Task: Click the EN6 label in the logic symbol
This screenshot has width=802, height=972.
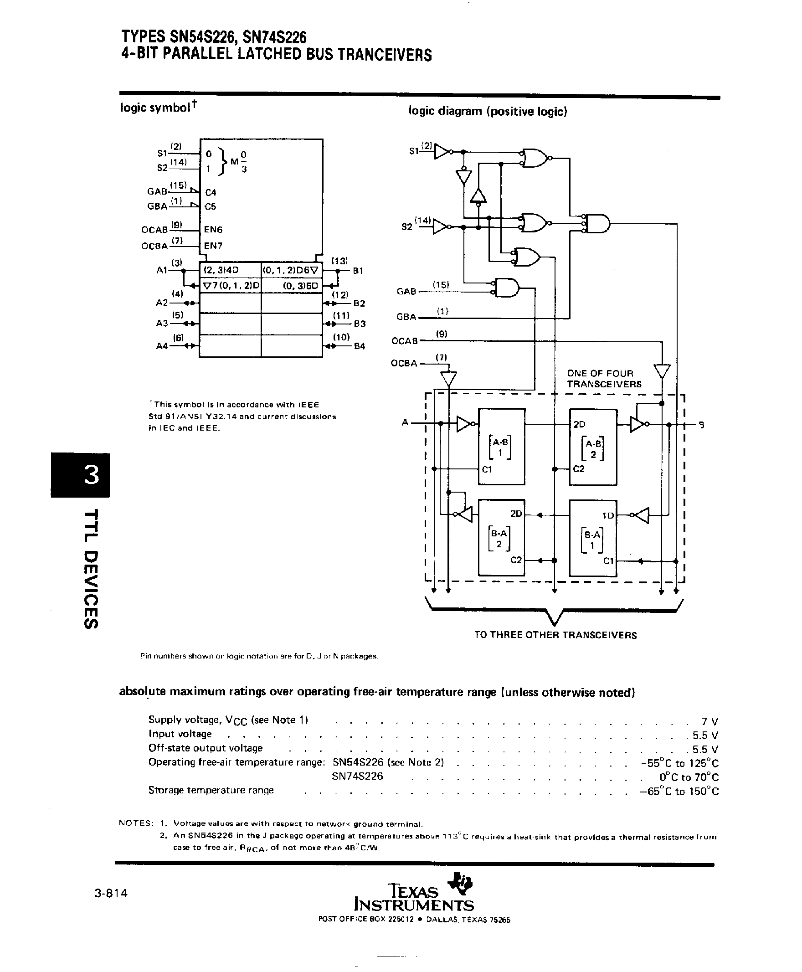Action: pos(213,230)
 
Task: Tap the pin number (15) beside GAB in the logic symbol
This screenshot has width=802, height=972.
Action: pos(178,185)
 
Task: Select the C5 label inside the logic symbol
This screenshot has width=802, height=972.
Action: pos(210,206)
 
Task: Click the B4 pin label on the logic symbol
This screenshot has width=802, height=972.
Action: pos(360,346)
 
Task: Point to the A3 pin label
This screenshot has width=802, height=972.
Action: pos(162,324)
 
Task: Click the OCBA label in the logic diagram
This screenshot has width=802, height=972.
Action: pos(404,363)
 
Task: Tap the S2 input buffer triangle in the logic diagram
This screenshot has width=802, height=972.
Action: pos(440,227)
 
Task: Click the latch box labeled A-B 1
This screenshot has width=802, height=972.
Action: pos(501,446)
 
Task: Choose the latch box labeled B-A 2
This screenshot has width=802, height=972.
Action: pos(501,537)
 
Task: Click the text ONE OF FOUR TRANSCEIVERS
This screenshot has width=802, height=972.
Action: pos(604,379)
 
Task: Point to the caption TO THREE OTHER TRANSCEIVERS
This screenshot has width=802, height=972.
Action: pos(555,635)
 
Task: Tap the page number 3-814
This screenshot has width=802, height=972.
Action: pos(111,893)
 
